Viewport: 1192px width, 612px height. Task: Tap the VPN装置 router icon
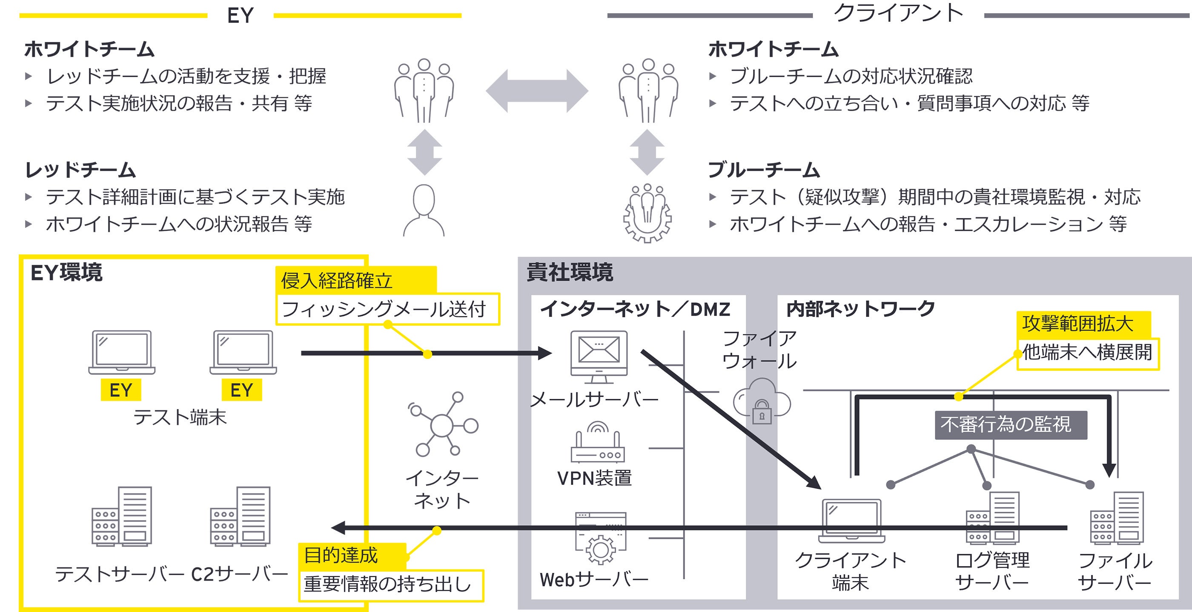click(x=598, y=442)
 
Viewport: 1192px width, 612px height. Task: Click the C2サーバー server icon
click(x=240, y=516)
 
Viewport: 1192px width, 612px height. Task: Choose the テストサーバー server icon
click(x=122, y=516)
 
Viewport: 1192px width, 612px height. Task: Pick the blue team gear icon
click(x=648, y=213)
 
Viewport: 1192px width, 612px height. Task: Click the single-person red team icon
click(x=424, y=211)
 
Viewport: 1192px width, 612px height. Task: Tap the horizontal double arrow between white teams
click(x=537, y=91)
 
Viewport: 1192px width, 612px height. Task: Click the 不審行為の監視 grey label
click(x=1011, y=425)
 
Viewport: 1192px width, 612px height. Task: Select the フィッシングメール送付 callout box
click(x=388, y=309)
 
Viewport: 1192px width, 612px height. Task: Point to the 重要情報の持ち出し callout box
click(x=391, y=585)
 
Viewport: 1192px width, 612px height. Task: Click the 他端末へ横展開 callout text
click(x=1087, y=353)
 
